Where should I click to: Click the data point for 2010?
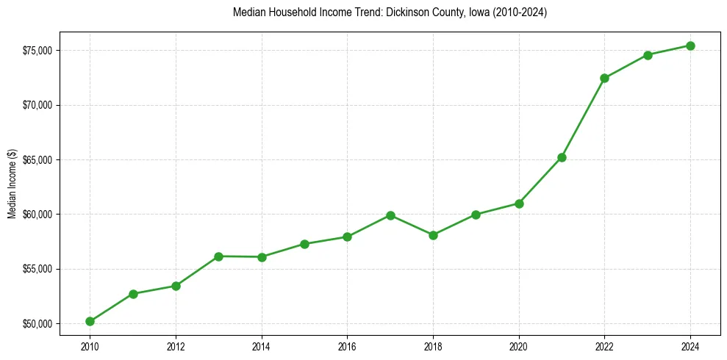(x=90, y=321)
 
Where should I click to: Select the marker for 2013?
(x=218, y=256)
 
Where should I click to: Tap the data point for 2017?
(x=390, y=215)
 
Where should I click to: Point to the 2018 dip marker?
(x=433, y=235)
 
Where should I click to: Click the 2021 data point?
(x=562, y=157)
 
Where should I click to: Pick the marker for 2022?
(x=604, y=78)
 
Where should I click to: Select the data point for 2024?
(x=690, y=46)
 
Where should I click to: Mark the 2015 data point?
(x=304, y=244)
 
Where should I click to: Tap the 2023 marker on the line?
(x=648, y=55)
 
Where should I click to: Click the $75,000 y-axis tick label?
(x=37, y=51)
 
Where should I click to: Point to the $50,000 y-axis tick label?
(x=37, y=324)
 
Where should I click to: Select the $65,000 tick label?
(x=37, y=160)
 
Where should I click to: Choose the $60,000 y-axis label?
(x=37, y=215)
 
